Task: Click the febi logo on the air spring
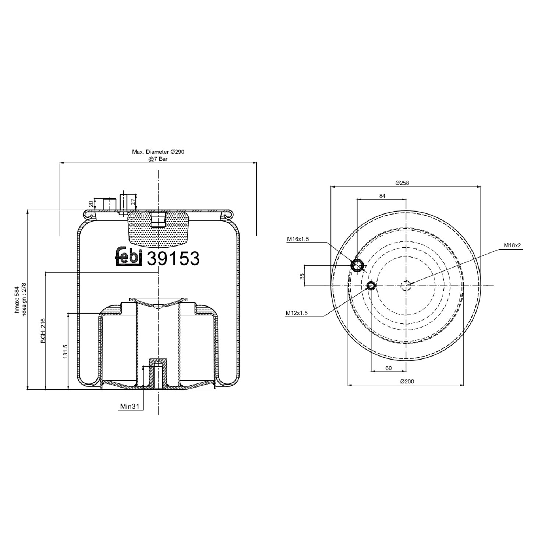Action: (x=129, y=256)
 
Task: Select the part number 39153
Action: (x=173, y=259)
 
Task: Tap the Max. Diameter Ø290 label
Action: (x=158, y=152)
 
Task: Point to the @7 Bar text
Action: (x=158, y=159)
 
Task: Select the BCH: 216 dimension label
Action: (x=43, y=331)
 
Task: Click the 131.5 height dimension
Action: (x=66, y=351)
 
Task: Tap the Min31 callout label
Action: (x=129, y=407)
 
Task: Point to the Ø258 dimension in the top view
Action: (x=402, y=183)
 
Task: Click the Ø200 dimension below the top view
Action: (x=407, y=381)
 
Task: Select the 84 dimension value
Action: (x=382, y=196)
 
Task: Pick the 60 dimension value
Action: (x=388, y=368)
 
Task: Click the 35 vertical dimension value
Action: (x=302, y=276)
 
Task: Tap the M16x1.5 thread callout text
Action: (x=298, y=239)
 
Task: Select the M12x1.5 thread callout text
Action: (x=297, y=313)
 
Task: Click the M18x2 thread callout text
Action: (x=513, y=245)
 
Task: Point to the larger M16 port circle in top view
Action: (x=357, y=265)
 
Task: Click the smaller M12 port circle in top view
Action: (x=371, y=286)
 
